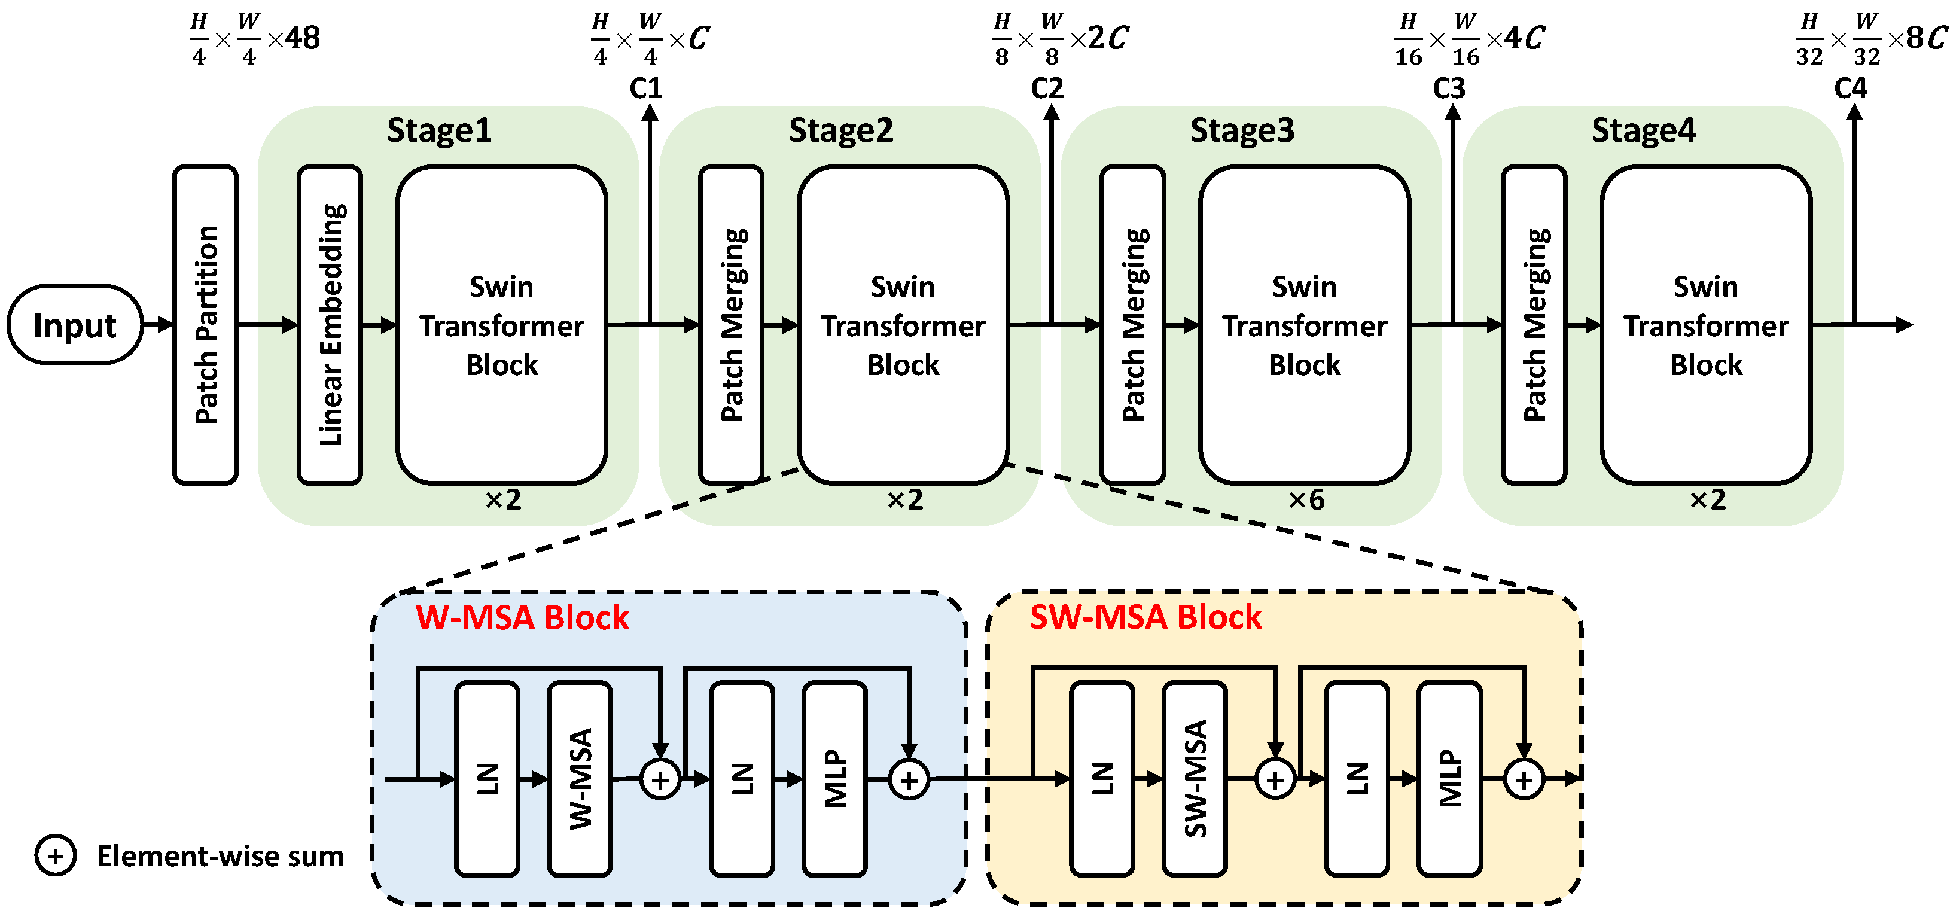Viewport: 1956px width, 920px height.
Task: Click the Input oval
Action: click(x=74, y=325)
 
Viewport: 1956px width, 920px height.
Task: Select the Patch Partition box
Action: click(x=205, y=325)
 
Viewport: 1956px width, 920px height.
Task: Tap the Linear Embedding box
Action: click(x=330, y=325)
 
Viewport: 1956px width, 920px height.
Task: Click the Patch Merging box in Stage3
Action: click(x=1132, y=325)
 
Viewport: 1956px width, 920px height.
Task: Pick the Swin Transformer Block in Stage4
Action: click(x=1705, y=325)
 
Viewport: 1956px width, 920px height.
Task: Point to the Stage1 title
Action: click(x=439, y=130)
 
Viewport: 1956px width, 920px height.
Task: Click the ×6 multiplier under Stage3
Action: click(x=1306, y=499)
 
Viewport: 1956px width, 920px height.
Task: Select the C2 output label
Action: click(x=1047, y=88)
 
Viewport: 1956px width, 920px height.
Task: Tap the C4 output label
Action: click(x=1851, y=88)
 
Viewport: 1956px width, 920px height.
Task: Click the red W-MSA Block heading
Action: click(x=522, y=617)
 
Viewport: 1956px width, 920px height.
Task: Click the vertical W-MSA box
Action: click(x=580, y=779)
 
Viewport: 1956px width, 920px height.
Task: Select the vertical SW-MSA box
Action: click(x=1195, y=779)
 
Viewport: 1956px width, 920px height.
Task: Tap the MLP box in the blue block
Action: click(x=834, y=779)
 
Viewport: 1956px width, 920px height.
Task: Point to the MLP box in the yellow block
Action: click(x=1449, y=779)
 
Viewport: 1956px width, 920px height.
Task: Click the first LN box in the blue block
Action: click(x=488, y=779)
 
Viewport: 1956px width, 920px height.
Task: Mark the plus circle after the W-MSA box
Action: click(x=660, y=779)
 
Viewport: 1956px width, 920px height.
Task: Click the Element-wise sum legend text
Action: click(x=220, y=856)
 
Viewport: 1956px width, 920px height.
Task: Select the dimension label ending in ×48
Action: click(x=255, y=38)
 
